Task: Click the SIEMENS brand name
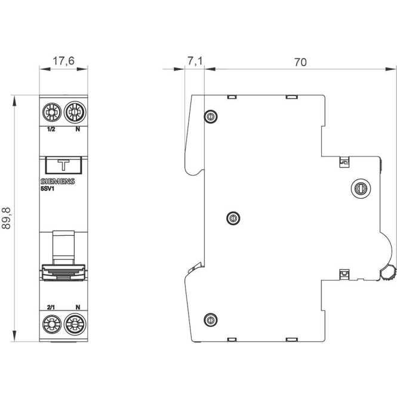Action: point(57,181)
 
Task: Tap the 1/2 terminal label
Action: point(51,130)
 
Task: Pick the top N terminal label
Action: point(77,130)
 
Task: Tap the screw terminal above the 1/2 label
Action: point(51,112)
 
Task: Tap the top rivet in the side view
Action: point(210,116)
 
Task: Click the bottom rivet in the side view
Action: point(210,320)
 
